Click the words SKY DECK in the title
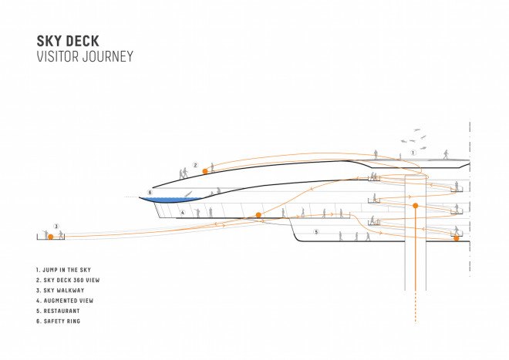point(68,41)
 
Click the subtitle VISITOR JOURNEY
point(85,56)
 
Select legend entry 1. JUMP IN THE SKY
point(63,270)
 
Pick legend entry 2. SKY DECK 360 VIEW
point(68,280)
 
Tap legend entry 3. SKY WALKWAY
point(60,291)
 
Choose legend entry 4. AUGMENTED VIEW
point(65,301)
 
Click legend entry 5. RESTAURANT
point(58,311)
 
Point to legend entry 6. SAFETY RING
point(58,321)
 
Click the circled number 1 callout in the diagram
point(413,153)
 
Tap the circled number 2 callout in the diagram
point(195,165)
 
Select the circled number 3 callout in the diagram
point(56,227)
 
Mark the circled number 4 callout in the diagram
point(183,213)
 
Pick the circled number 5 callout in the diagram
point(316,232)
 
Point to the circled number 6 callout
point(150,192)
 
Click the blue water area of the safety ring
point(172,200)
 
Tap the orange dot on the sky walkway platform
point(51,237)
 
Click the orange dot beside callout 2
point(205,171)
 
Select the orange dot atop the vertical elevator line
point(415,206)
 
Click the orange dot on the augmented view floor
point(258,215)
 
